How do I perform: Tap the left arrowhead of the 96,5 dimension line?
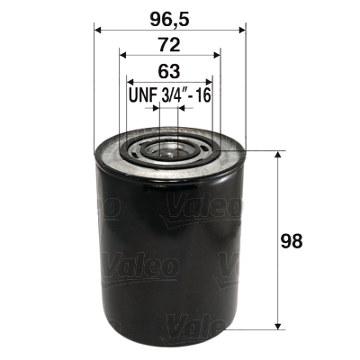click(98, 30)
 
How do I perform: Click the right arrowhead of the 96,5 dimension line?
click(240, 30)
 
